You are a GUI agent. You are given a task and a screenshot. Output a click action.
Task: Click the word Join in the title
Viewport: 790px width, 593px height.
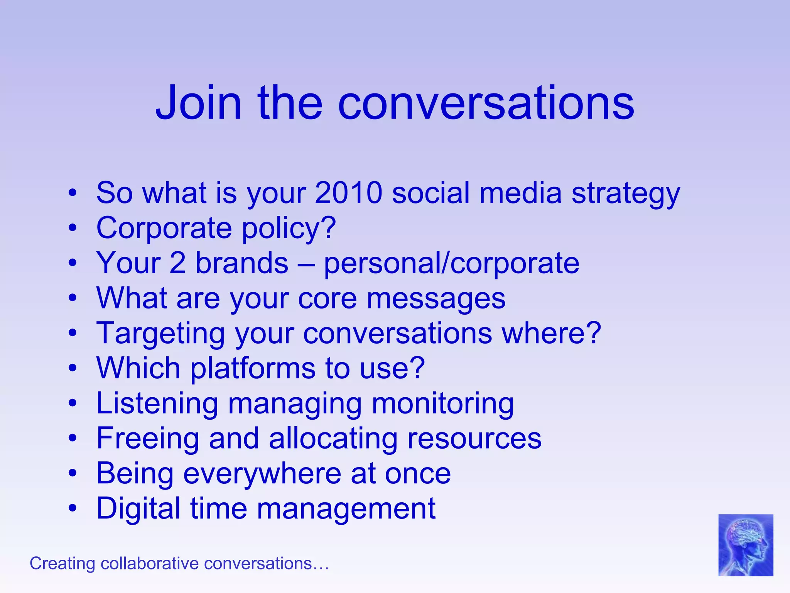pos(198,103)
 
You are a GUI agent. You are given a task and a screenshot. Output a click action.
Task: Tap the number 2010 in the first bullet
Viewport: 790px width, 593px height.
pos(348,193)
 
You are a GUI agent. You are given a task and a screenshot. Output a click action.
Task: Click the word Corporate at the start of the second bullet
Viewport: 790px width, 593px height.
pos(164,229)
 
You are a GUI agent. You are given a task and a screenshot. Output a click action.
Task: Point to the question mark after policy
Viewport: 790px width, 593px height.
pos(328,228)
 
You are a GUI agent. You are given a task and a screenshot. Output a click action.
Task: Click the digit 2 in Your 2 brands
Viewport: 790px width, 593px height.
pos(177,263)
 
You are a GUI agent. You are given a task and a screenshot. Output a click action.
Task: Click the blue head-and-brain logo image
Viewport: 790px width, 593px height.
pos(745,545)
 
